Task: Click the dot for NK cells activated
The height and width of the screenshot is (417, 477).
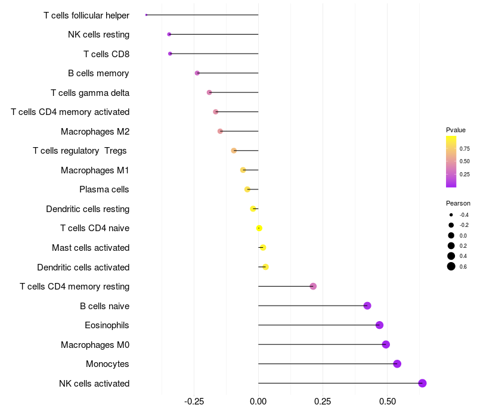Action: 422,383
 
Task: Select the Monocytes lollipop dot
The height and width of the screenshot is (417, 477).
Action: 397,364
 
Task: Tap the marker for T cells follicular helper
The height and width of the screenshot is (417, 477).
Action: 146,15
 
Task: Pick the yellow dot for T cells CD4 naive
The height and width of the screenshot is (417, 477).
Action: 259,228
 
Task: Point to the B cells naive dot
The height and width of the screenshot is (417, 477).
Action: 367,306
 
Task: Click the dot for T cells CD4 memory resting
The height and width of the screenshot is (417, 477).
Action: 313,287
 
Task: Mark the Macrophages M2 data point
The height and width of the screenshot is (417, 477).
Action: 220,131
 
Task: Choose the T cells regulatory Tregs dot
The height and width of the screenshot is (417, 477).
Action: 234,151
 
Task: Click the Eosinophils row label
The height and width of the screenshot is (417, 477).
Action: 107,325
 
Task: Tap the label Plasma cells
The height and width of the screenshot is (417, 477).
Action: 104,189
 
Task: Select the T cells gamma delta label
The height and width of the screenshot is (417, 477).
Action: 89,92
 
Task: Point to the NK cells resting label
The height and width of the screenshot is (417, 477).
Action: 98,35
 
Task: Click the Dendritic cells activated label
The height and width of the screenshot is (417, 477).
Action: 83,267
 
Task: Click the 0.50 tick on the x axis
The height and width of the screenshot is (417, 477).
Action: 387,402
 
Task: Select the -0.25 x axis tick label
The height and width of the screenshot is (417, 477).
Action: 194,402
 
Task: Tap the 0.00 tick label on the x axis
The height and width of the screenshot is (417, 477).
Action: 258,402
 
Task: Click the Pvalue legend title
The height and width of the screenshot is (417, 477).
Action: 456,130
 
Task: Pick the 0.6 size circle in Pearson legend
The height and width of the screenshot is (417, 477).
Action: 451,266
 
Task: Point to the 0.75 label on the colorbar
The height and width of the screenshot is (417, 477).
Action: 464,148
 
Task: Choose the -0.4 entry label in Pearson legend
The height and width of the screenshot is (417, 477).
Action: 463,215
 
